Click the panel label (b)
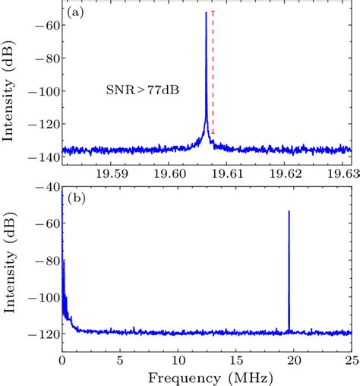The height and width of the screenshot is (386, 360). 75,199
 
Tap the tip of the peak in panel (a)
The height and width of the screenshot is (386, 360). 206,13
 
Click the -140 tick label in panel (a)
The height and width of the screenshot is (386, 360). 45,156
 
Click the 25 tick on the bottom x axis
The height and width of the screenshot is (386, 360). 351,357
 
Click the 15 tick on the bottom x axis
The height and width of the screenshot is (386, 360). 235,357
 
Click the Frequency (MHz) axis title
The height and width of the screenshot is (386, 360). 207,375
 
